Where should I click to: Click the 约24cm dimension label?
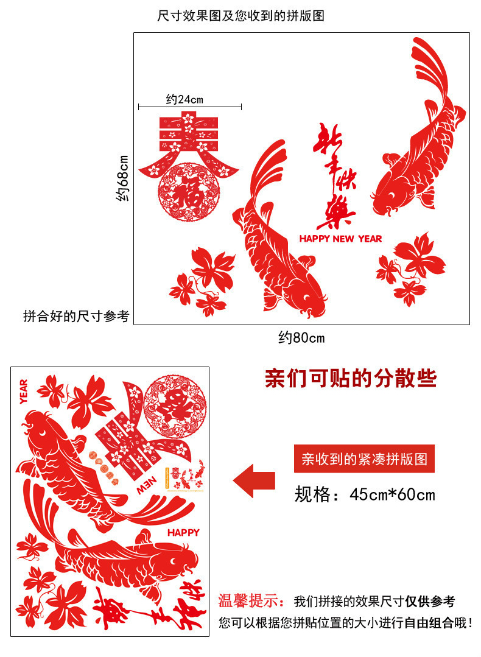(184, 99)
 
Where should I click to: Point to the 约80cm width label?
(301, 337)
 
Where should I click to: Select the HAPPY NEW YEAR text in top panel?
(340, 239)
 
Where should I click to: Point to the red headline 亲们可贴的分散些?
(351, 379)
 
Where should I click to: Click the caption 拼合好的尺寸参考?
(76, 316)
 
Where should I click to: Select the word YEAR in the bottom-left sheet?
(24, 391)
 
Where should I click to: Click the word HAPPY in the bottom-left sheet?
(183, 533)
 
